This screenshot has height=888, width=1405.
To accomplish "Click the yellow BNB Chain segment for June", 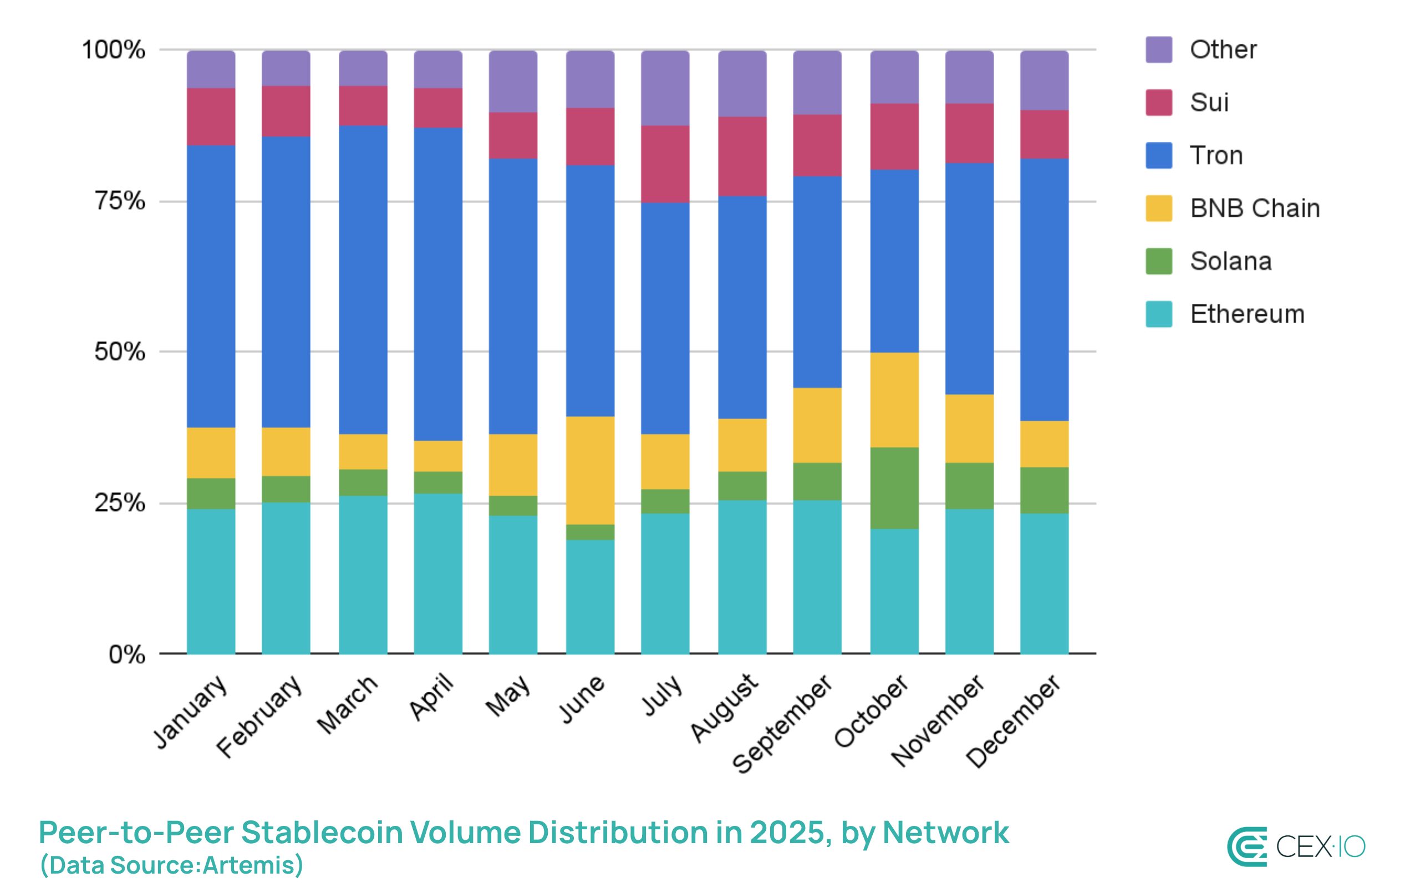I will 590,469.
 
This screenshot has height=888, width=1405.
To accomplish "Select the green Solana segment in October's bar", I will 894,488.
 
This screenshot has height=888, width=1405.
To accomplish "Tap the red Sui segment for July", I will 665,164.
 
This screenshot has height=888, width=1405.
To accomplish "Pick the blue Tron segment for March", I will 363,279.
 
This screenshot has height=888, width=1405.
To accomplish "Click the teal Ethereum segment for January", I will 211,581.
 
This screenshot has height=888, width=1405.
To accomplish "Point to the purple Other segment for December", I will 1044,80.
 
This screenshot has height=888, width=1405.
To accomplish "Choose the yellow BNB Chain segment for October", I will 894,400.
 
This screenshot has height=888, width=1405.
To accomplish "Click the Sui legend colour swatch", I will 1158,103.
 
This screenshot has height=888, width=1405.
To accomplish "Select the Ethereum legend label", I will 1247,314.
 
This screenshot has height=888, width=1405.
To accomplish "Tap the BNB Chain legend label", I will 1254,208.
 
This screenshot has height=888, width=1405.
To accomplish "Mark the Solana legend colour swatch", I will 1158,262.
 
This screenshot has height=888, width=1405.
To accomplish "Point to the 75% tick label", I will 120,201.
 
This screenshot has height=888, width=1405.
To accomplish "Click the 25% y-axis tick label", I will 120,503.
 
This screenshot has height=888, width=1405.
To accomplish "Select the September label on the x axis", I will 782,723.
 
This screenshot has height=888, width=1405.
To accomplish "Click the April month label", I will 432,697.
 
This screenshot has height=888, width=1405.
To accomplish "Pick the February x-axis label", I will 259,717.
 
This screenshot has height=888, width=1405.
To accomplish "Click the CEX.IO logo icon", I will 1248,846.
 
